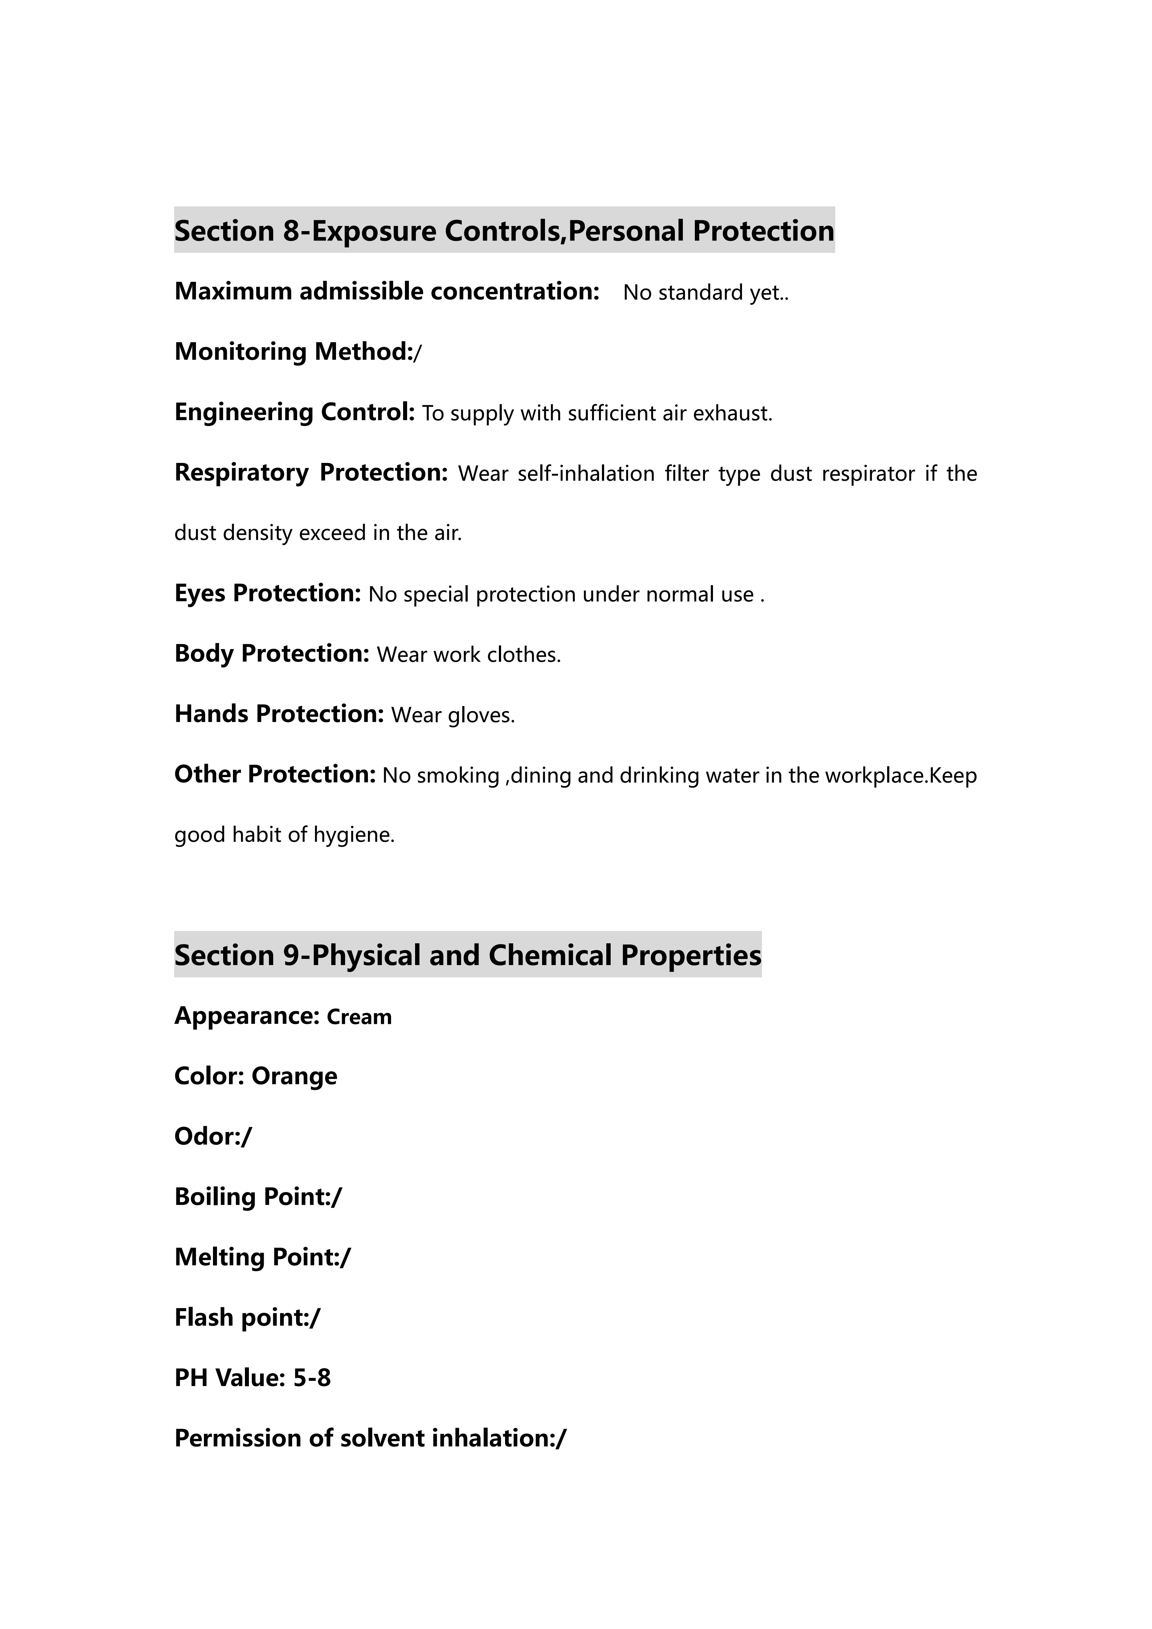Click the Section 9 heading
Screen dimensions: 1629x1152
click(x=467, y=955)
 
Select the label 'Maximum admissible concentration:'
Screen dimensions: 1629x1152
click(x=387, y=292)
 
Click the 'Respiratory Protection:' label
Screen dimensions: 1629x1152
click(x=311, y=472)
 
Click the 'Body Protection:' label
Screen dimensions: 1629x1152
click(x=272, y=653)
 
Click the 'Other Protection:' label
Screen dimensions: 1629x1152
click(x=275, y=774)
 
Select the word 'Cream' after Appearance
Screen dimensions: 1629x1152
click(x=359, y=1017)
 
